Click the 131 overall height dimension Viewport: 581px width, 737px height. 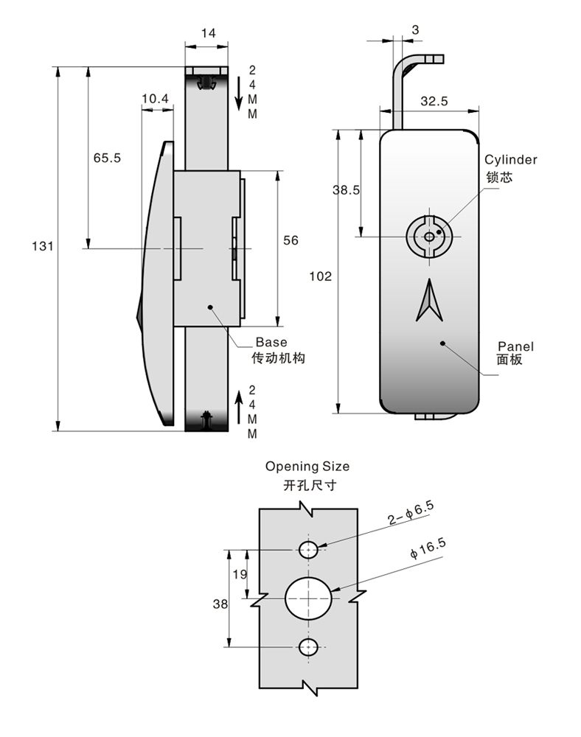(42, 246)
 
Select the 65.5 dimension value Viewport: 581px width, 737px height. (107, 158)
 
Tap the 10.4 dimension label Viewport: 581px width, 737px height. (155, 98)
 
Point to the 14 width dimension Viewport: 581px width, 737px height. (208, 33)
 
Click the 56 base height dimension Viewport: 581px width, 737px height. (290, 240)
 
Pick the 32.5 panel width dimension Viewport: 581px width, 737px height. (434, 101)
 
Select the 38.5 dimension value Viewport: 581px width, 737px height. (346, 190)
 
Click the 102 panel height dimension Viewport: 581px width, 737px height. (320, 276)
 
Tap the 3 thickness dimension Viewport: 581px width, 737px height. (415, 29)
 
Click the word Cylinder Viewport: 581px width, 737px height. (510, 160)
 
